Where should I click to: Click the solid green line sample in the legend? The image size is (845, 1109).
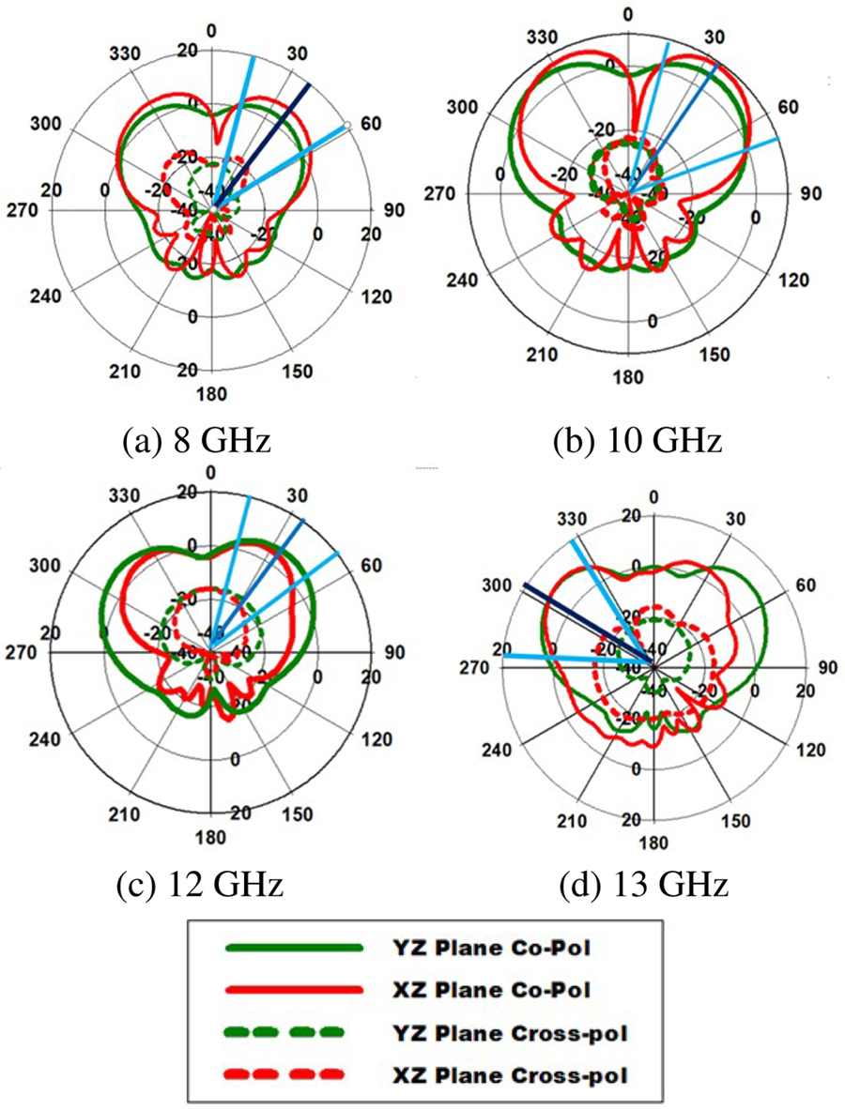click(294, 949)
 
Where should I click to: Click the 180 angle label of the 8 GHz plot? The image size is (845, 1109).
click(212, 391)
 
